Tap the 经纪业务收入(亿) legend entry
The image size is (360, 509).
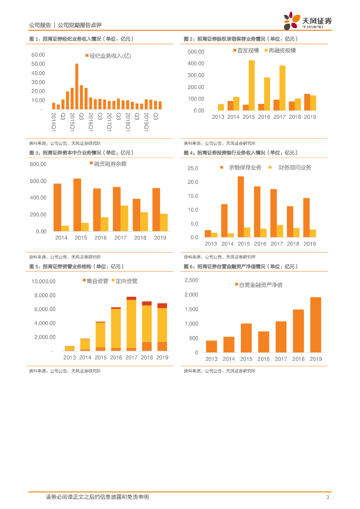pyautogui.click(x=107, y=57)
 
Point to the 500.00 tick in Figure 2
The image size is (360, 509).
pyautogui.click(x=196, y=52)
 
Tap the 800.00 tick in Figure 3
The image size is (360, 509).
pyautogui.click(x=38, y=164)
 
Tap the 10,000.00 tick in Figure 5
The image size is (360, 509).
pyautogui.click(x=44, y=281)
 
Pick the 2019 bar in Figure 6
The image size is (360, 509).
pyautogui.click(x=315, y=325)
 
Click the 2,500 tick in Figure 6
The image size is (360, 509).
pyautogui.click(x=191, y=280)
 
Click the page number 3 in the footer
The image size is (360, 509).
pyautogui.click(x=328, y=497)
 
